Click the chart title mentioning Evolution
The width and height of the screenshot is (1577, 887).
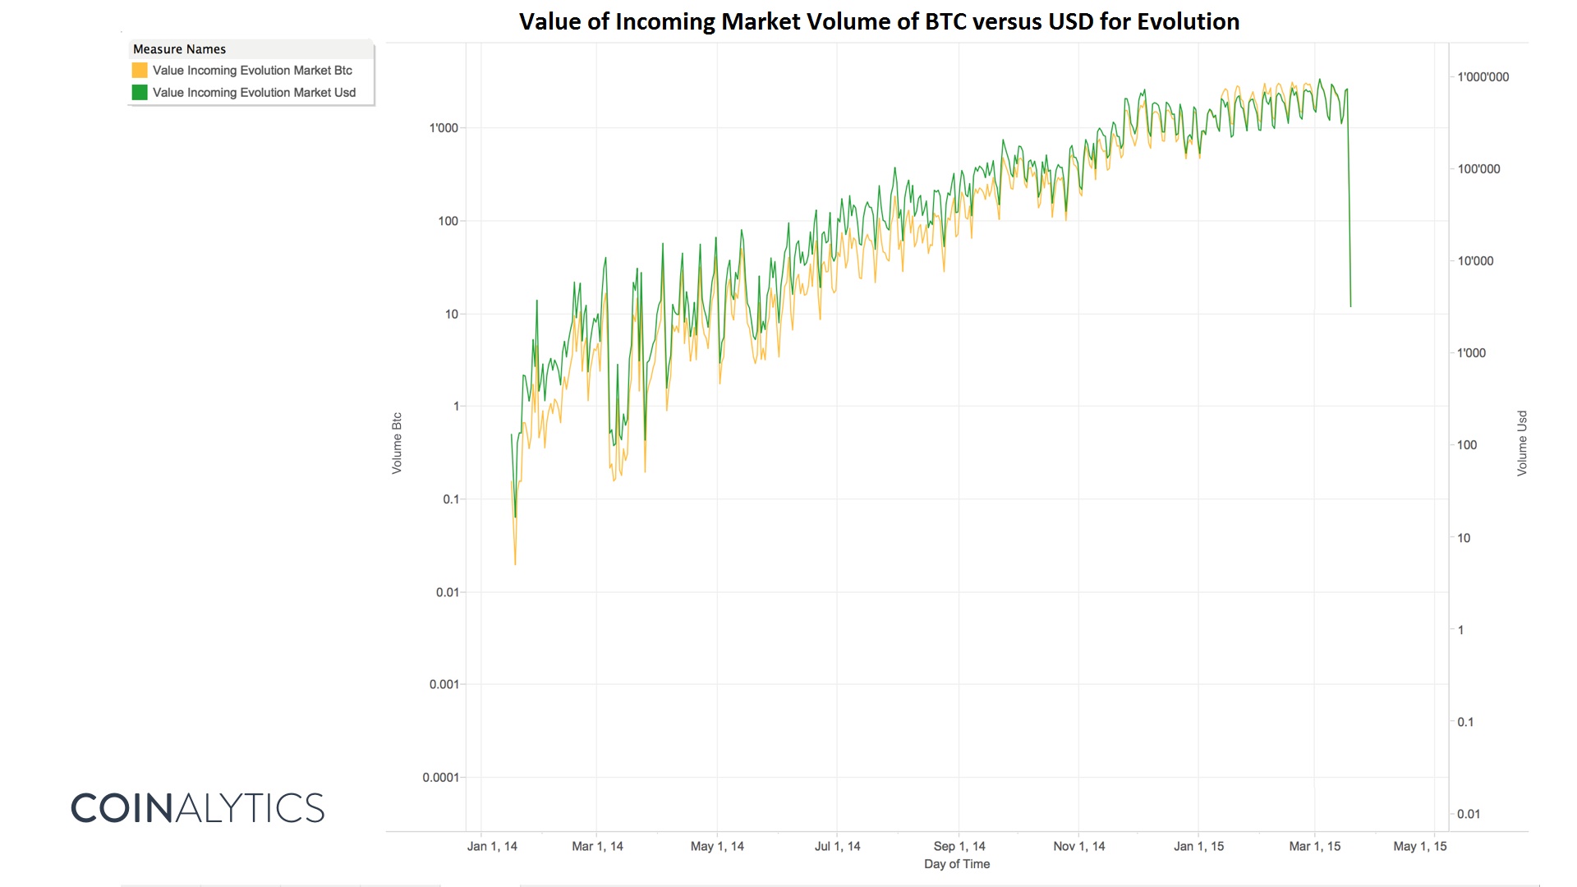pos(879,21)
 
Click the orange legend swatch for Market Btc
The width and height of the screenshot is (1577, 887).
pos(140,71)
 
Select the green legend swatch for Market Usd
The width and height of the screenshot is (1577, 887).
pos(140,93)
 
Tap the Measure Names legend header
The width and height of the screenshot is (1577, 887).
pos(179,49)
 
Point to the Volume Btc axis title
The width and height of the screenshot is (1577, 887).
pos(397,443)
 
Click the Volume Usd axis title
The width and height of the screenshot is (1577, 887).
pos(1522,443)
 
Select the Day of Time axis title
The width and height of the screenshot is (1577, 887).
pos(957,864)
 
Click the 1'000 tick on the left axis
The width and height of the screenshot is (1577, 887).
pos(444,128)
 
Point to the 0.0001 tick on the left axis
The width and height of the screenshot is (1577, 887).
pos(441,778)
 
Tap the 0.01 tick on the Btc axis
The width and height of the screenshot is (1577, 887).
pos(448,592)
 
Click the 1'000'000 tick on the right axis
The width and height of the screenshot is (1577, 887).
pos(1483,77)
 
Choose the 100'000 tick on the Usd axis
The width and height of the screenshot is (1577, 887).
pos(1478,169)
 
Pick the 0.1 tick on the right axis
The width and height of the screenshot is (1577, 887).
pos(1465,722)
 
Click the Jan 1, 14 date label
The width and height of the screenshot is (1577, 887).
pos(492,846)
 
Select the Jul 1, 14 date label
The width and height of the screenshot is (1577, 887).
pos(838,846)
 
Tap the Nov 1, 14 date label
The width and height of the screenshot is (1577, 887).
pos(1079,846)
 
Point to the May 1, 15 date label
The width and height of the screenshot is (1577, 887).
pos(1420,846)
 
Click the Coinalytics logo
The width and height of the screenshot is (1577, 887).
pos(198,808)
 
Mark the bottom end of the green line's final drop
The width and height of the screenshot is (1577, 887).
pos(1350,307)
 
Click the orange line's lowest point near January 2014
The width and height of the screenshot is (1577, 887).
pos(515,564)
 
